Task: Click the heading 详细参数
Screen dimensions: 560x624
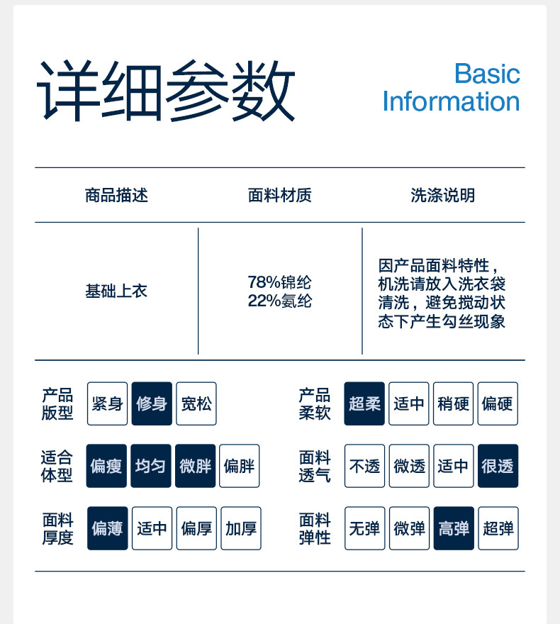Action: tap(165, 90)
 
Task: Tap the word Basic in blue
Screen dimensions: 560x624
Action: tap(487, 74)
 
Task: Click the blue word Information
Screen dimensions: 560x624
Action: tap(451, 101)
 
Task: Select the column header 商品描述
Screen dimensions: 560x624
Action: tap(116, 196)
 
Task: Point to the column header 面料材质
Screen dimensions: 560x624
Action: tap(279, 196)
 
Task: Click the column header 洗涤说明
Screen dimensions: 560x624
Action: tap(442, 196)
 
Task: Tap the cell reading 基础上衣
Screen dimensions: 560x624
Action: tap(116, 291)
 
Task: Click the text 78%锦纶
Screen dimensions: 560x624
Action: tap(279, 282)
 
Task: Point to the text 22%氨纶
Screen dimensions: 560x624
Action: tap(279, 301)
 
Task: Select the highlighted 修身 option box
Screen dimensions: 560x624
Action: tap(152, 403)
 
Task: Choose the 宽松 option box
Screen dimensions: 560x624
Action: tap(196, 403)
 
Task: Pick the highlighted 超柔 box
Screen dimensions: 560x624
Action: tap(364, 403)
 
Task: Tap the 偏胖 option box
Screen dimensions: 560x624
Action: tap(239, 466)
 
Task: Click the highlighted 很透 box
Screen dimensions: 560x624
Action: tap(498, 466)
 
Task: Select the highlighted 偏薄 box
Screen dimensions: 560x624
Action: tap(107, 528)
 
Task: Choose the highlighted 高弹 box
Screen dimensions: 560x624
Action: tap(454, 528)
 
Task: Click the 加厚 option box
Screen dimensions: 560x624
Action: tap(241, 528)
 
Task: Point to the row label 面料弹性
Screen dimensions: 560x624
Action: tap(315, 528)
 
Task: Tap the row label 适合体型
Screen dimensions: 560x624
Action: tap(57, 466)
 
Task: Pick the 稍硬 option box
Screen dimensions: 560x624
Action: tap(454, 403)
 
